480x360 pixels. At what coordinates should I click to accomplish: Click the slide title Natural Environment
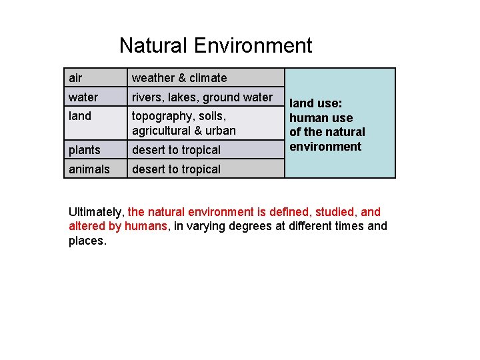(215, 45)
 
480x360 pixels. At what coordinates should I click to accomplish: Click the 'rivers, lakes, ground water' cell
(202, 97)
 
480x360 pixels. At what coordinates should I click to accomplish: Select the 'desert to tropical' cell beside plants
(176, 149)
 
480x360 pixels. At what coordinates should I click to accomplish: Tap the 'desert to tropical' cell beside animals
(176, 169)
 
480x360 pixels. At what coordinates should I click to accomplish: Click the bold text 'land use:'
(316, 104)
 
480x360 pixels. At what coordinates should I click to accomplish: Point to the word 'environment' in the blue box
(325, 147)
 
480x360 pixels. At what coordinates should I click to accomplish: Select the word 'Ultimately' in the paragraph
(95, 212)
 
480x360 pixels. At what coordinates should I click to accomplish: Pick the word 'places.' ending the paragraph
(87, 240)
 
